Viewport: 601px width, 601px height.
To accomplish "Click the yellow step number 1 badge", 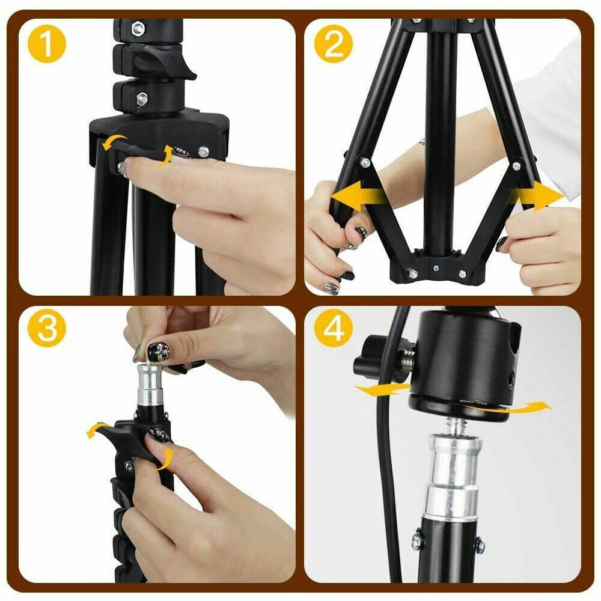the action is pyautogui.click(x=47, y=44).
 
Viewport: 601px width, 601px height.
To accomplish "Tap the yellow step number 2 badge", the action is pyautogui.click(x=333, y=44).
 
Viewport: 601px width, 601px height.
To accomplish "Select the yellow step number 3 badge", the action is pyautogui.click(x=47, y=328).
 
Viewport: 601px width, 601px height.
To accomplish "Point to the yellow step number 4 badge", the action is pyautogui.click(x=333, y=328).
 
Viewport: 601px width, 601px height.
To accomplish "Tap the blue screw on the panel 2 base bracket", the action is pyautogui.click(x=436, y=268).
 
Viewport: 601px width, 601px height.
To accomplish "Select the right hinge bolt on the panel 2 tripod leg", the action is pyautogui.click(x=517, y=166).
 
